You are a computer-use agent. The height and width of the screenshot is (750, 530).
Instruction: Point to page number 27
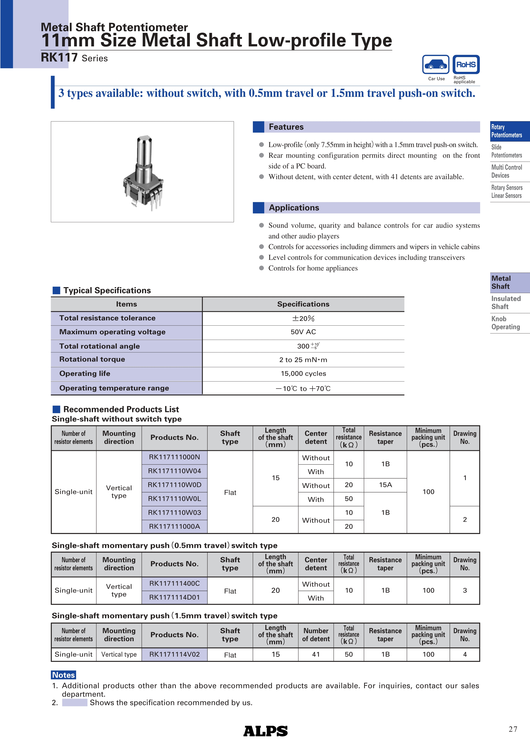[x=513, y=729]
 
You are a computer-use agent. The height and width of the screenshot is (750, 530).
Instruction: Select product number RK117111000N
[x=174, y=457]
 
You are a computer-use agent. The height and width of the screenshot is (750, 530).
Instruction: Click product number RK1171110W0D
[x=174, y=485]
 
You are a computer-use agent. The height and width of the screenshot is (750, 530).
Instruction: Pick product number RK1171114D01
[x=174, y=597]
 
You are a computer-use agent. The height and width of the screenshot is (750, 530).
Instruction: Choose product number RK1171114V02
[x=174, y=654]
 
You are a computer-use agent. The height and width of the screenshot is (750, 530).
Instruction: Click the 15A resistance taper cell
[x=385, y=485]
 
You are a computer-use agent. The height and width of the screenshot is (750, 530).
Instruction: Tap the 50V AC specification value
[x=303, y=332]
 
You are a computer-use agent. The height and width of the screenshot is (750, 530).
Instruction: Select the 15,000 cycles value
[x=303, y=373]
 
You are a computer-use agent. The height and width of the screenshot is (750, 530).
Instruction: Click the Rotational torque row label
[x=92, y=359]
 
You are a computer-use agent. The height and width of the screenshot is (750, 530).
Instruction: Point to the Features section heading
[x=286, y=127]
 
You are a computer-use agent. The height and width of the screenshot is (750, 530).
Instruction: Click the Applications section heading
[x=294, y=208]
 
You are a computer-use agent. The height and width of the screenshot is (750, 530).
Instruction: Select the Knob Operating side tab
[x=505, y=323]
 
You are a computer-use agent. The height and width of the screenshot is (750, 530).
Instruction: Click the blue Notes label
[x=64, y=675]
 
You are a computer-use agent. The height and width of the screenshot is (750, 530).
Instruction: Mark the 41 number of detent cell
[x=316, y=654]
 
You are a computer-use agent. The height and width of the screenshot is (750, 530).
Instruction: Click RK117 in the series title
[x=59, y=58]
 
